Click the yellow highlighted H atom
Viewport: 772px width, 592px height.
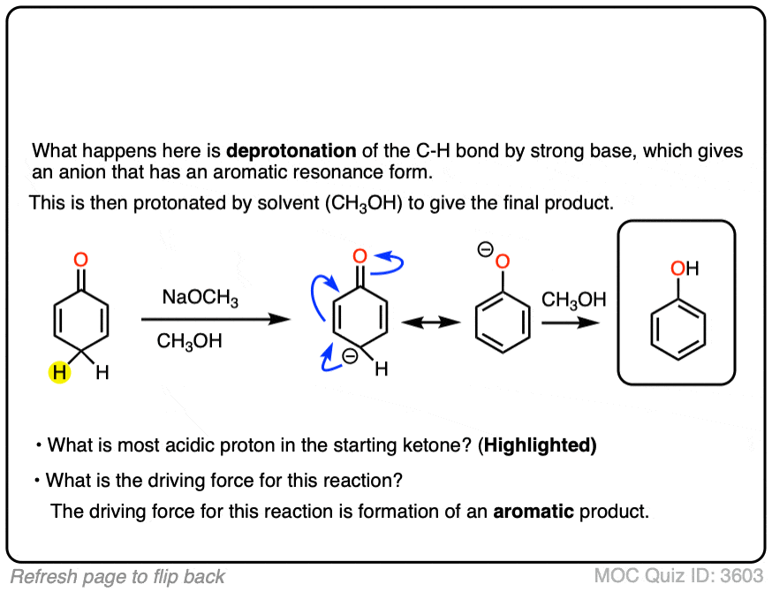coord(58,374)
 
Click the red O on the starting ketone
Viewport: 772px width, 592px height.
coord(80,259)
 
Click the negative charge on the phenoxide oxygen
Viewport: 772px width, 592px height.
coord(485,250)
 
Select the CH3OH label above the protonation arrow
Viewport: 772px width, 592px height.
coord(573,300)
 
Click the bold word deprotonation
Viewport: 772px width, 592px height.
coord(291,151)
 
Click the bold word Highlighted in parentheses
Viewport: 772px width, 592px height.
coord(539,446)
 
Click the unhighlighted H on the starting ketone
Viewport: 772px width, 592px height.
coord(102,374)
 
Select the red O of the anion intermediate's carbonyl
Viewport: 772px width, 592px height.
coord(359,257)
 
